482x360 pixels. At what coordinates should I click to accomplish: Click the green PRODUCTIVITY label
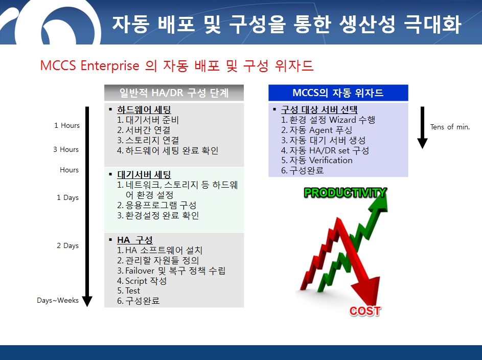click(345, 193)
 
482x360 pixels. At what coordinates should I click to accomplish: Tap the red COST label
click(365, 311)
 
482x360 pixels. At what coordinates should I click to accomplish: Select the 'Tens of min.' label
click(450, 127)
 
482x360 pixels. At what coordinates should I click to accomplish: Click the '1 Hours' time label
click(67, 125)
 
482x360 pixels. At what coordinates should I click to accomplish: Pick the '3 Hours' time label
click(66, 149)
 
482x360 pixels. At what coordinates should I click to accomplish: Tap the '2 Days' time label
click(67, 245)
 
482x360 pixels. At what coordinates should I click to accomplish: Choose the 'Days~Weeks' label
click(58, 300)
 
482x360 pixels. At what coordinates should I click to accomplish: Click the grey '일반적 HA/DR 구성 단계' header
click(174, 93)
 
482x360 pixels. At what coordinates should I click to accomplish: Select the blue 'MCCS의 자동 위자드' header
click(338, 93)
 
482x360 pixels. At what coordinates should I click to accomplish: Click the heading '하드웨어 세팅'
click(144, 110)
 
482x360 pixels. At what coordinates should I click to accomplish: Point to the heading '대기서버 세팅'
click(144, 174)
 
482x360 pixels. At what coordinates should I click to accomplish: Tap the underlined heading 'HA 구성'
click(135, 240)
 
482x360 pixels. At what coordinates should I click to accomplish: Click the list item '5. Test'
click(128, 290)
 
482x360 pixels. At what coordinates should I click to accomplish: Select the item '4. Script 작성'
click(142, 281)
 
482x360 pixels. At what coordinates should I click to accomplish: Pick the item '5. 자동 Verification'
click(317, 160)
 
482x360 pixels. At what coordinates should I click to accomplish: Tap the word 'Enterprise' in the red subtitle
click(110, 66)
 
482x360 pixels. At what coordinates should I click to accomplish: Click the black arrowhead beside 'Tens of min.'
click(422, 143)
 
